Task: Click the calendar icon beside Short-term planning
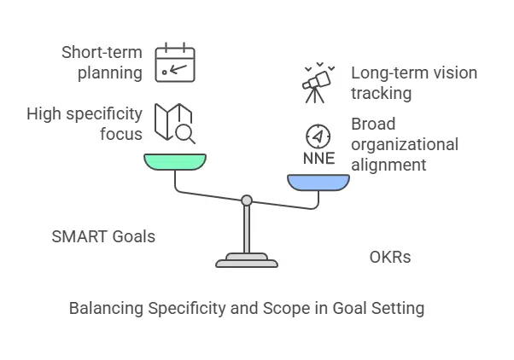pyautogui.click(x=175, y=64)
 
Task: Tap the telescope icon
pyautogui.click(x=318, y=83)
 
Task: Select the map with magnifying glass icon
pyautogui.click(x=174, y=121)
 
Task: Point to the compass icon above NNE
pyautogui.click(x=318, y=136)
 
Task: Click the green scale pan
pyautogui.click(x=175, y=161)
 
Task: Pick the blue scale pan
pyautogui.click(x=318, y=182)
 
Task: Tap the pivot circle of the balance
pyautogui.click(x=247, y=200)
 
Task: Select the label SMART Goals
pyautogui.click(x=103, y=235)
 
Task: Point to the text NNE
pyautogui.click(x=318, y=158)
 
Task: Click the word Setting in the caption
pyautogui.click(x=398, y=308)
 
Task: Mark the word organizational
pyautogui.click(x=405, y=143)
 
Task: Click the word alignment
pyautogui.click(x=388, y=164)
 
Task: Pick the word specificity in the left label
pyautogui.click(x=104, y=113)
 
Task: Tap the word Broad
pyautogui.click(x=373, y=124)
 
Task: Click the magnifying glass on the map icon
pyautogui.click(x=184, y=131)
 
